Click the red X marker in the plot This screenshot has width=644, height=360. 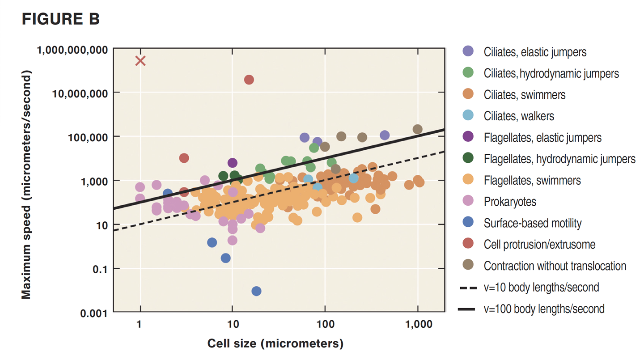140,61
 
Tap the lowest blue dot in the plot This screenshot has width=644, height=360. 256,291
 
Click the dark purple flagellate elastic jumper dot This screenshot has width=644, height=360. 233,163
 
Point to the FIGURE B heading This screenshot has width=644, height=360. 60,20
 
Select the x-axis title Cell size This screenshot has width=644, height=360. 275,343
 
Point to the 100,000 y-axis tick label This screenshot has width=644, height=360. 87,137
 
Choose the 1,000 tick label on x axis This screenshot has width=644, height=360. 418,324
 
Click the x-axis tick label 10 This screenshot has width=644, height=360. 232,324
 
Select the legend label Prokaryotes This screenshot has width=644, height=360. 510,202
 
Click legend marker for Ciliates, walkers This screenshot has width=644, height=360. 468,116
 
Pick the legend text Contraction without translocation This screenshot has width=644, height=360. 555,266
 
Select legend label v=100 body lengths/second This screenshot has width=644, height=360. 544,309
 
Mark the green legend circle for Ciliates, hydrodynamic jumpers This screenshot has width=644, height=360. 468,73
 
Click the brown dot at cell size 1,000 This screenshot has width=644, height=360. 417,129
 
